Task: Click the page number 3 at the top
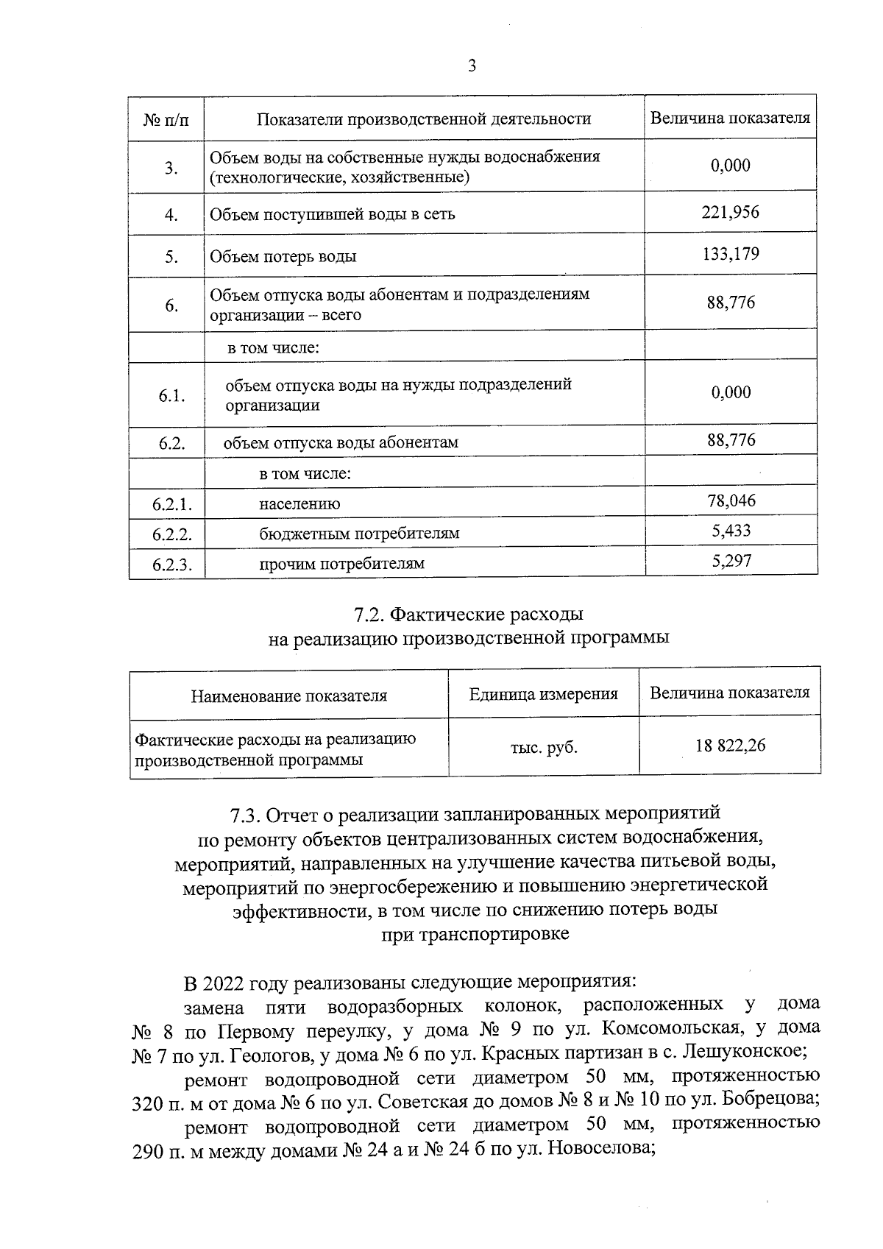[x=472, y=66]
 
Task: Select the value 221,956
[x=730, y=213]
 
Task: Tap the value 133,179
[x=730, y=254]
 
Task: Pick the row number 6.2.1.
[x=171, y=504]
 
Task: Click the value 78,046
[x=731, y=501]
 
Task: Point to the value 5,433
[x=731, y=531]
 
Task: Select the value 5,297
[x=731, y=561]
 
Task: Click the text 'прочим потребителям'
[x=341, y=564]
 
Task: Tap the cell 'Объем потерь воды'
[x=283, y=257]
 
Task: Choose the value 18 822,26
[x=730, y=746]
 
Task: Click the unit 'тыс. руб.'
[x=544, y=748]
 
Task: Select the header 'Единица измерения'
[x=544, y=694]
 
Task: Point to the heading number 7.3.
[x=244, y=815]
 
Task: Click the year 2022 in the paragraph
[x=224, y=983]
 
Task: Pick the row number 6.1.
[x=171, y=396]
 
